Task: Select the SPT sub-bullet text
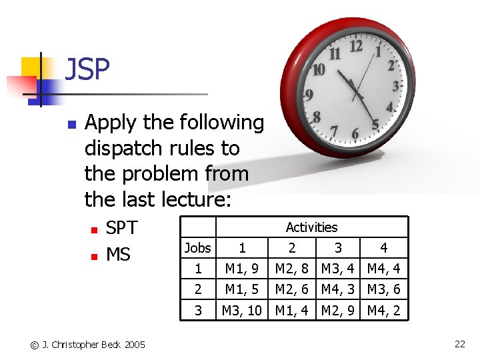point(121,228)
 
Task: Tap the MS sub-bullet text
point(118,255)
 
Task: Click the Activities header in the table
point(311,227)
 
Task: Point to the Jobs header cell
point(197,248)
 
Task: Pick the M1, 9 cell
point(242,269)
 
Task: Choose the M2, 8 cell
point(291,269)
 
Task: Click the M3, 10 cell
point(242,311)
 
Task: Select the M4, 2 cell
point(383,311)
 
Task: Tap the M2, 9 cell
point(338,311)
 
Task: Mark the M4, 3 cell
point(338,290)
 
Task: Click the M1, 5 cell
point(242,290)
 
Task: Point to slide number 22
point(459,344)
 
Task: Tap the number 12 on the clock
point(356,46)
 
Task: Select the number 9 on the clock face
point(309,95)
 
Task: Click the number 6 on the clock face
point(355,134)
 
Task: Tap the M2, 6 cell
point(291,290)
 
